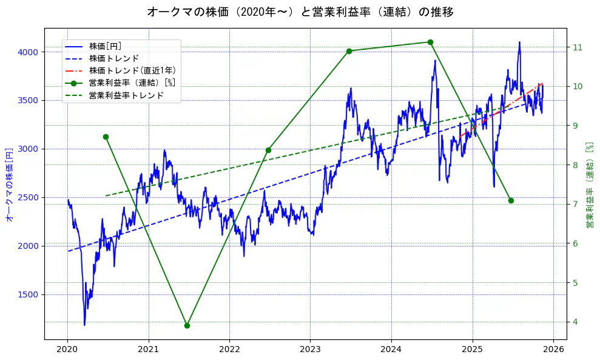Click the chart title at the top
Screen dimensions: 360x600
pos(300,12)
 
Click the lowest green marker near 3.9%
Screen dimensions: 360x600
pos(187,325)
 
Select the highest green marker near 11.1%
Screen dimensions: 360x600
pos(430,42)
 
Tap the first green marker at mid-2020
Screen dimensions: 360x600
pos(106,137)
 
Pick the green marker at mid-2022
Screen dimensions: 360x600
pos(268,150)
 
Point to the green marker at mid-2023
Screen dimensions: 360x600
pos(349,51)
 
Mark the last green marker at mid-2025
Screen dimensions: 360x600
pos(511,200)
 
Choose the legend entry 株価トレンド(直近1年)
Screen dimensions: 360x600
pos(132,70)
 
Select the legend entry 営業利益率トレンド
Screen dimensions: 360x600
pos(126,95)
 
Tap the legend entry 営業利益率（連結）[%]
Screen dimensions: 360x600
pos(132,83)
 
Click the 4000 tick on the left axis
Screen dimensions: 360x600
pos(29,52)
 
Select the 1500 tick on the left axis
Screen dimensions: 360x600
pos(29,294)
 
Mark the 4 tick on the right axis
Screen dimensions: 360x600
pos(575,322)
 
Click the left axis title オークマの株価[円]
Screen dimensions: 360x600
pos(9,184)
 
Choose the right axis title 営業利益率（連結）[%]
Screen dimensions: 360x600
pos(589,185)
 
